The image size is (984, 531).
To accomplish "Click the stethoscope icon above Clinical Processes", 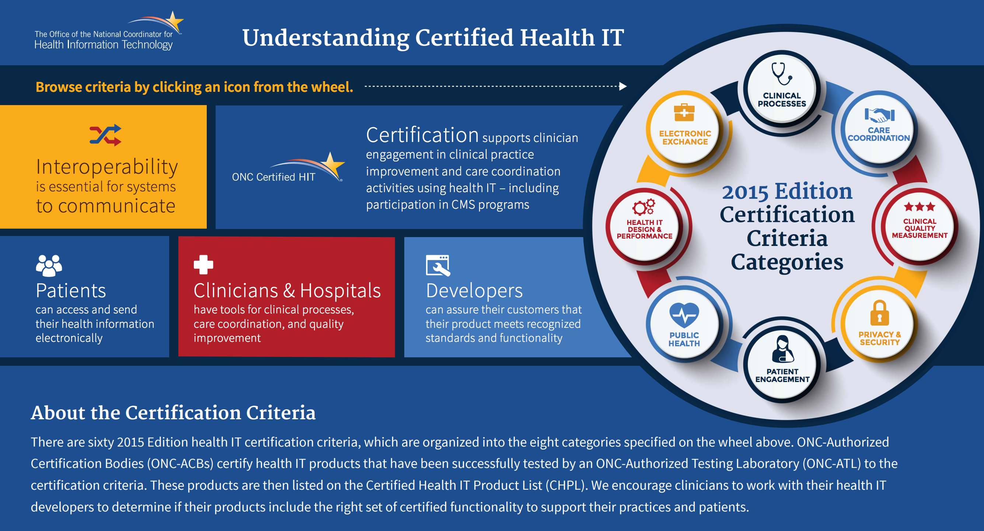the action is (x=782, y=74).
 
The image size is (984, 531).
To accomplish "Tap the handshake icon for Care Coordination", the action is (x=879, y=115).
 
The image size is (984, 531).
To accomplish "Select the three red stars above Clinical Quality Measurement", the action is (x=920, y=207).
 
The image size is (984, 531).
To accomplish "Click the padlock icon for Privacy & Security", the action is (x=879, y=313).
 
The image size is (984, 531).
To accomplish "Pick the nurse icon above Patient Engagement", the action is (x=782, y=348).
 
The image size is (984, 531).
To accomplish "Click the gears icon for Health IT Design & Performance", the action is (x=644, y=207).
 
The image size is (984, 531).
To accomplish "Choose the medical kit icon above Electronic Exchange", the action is (x=684, y=112).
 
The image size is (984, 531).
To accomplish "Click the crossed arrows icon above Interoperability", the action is (x=105, y=135).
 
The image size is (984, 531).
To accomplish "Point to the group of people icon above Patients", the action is (x=49, y=265).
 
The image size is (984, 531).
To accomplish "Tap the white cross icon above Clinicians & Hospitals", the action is (x=203, y=264).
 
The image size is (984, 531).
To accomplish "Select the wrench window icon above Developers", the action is (x=438, y=265).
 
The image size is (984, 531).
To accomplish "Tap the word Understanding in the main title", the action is (x=326, y=39).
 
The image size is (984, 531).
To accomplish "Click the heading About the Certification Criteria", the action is (x=173, y=413).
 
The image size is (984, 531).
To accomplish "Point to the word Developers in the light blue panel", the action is (x=474, y=291).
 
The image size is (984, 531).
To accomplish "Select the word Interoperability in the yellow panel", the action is (x=107, y=167).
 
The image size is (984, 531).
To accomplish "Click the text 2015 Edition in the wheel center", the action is (x=787, y=191).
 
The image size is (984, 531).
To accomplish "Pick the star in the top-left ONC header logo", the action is (x=174, y=22).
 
